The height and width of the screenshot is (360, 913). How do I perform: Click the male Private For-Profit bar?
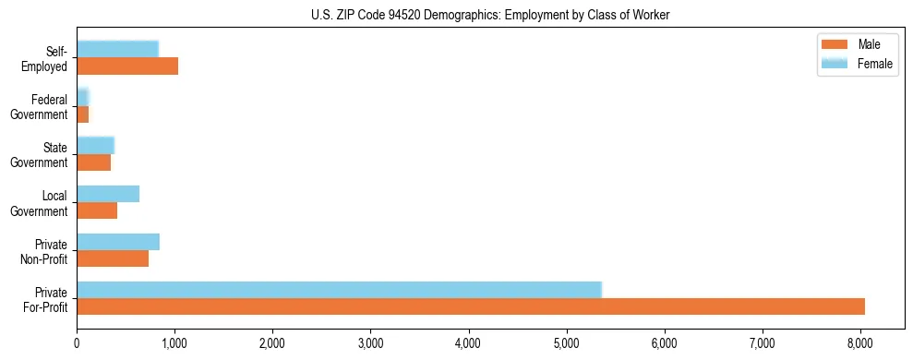point(471,306)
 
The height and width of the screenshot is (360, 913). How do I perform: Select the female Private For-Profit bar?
point(339,290)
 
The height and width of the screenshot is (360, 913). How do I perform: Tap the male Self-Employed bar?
point(127,66)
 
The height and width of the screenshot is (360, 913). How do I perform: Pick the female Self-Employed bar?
point(117,49)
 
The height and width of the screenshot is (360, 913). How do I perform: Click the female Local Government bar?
point(108,194)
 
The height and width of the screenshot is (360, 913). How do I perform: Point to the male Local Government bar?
point(97,210)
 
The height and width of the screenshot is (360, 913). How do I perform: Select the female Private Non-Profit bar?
point(118,242)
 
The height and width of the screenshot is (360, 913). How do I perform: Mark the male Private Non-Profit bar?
point(113,258)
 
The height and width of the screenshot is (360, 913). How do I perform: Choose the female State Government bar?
point(95,145)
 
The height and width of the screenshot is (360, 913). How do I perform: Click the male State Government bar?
point(93,162)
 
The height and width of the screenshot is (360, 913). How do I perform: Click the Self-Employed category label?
point(50,58)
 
